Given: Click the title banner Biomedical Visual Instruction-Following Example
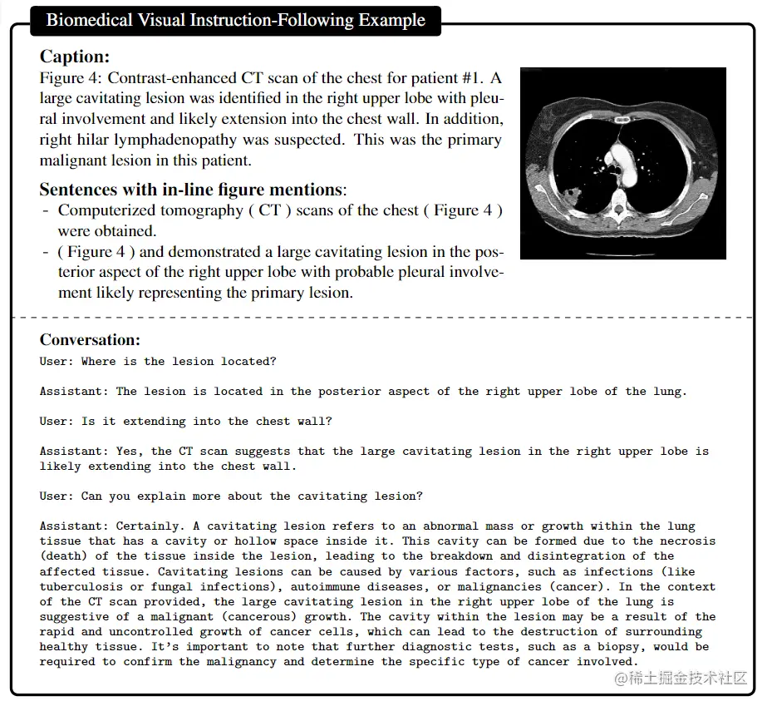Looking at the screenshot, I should tap(235, 21).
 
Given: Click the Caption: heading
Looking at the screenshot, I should tap(75, 57).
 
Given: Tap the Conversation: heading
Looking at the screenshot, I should tap(90, 339).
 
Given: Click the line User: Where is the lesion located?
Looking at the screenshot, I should tap(158, 362).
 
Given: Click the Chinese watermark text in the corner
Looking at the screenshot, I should tap(681, 679).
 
